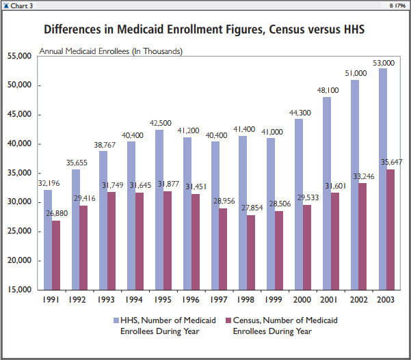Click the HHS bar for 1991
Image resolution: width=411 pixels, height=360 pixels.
[48, 239]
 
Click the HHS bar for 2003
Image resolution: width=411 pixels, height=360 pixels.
[383, 178]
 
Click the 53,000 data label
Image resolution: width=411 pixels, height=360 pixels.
[383, 63]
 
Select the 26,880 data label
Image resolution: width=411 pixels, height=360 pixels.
[57, 214]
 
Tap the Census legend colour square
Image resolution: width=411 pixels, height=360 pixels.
[228, 320]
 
